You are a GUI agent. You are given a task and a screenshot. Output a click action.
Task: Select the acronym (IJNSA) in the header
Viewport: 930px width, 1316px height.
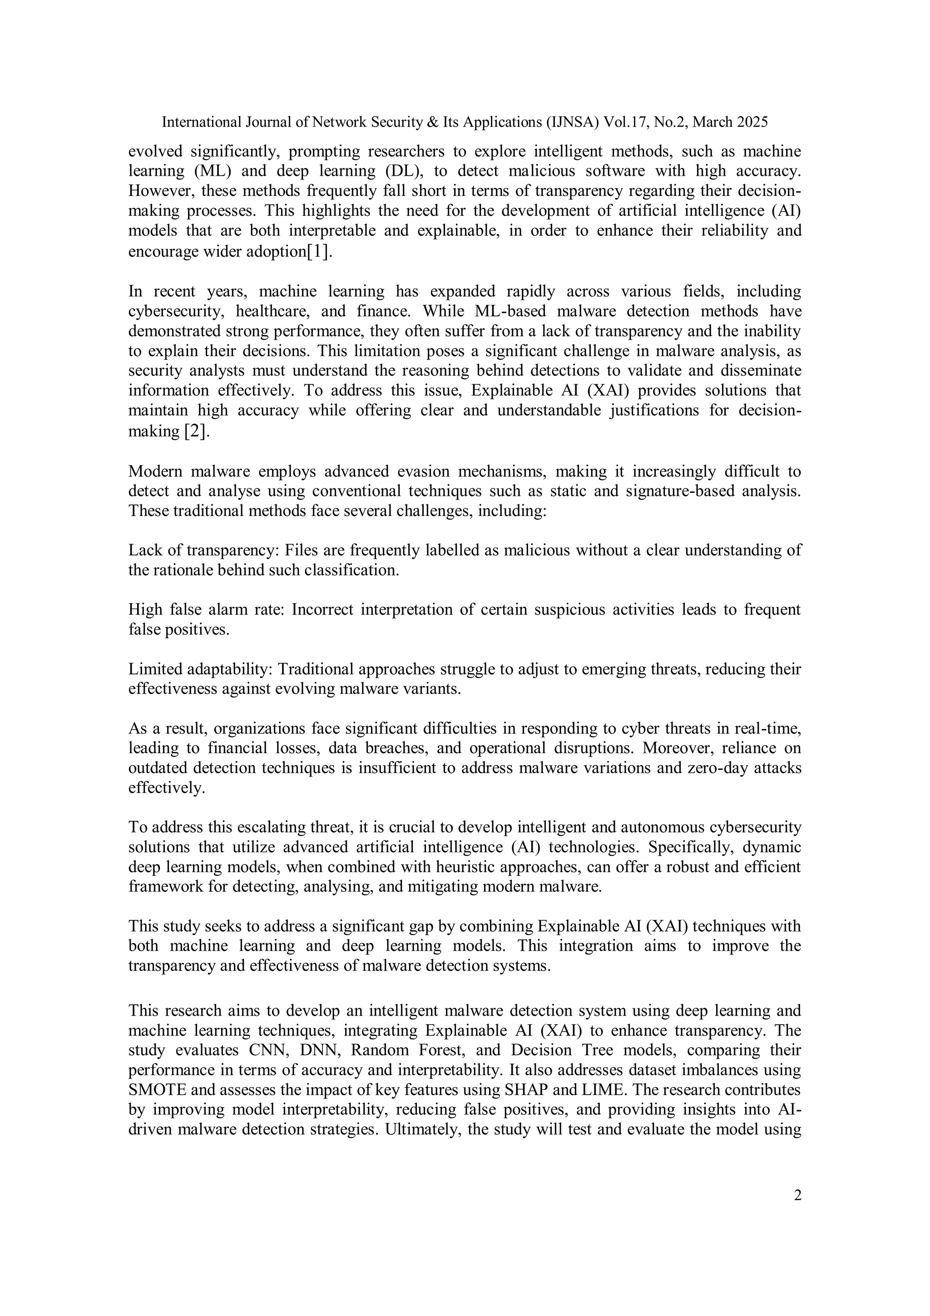(571, 122)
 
